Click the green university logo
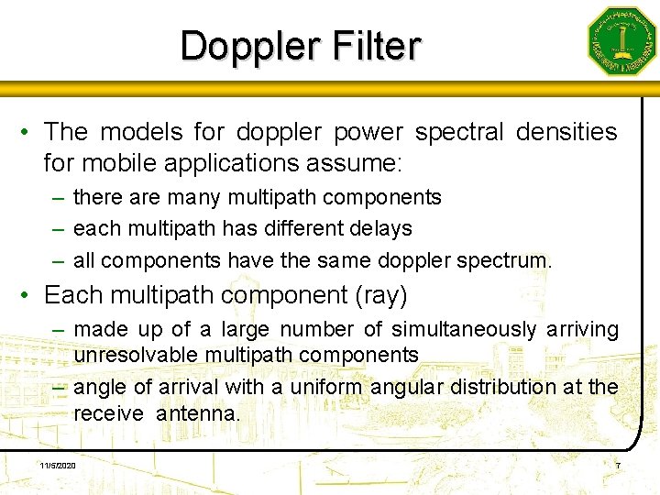coord(622,41)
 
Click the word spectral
coord(459,133)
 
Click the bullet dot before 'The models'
coord(28,134)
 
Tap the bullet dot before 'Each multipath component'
coord(28,296)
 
